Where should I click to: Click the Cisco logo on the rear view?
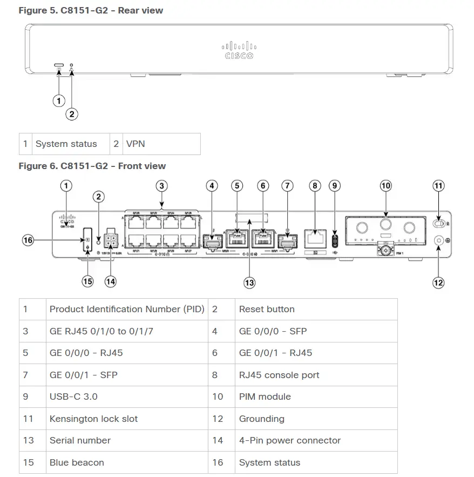[x=238, y=50]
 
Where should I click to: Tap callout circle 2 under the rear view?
[x=72, y=114]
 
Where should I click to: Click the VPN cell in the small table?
[x=136, y=144]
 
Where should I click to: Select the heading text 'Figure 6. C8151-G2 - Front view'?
[x=92, y=166]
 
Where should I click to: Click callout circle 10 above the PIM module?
[x=385, y=186]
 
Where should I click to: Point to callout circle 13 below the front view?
[x=249, y=282]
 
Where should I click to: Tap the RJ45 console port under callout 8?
[x=315, y=237]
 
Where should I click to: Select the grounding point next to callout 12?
[x=438, y=241]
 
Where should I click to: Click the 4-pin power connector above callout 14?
[x=111, y=238]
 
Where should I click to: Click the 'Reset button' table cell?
[x=267, y=310]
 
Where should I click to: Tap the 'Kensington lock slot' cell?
[x=93, y=419]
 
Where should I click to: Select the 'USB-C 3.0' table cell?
[x=73, y=397]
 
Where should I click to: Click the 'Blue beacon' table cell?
[x=77, y=462]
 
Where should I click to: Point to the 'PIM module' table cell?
[x=265, y=397]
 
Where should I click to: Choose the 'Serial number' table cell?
[x=80, y=440]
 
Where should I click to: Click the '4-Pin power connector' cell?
[x=289, y=440]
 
